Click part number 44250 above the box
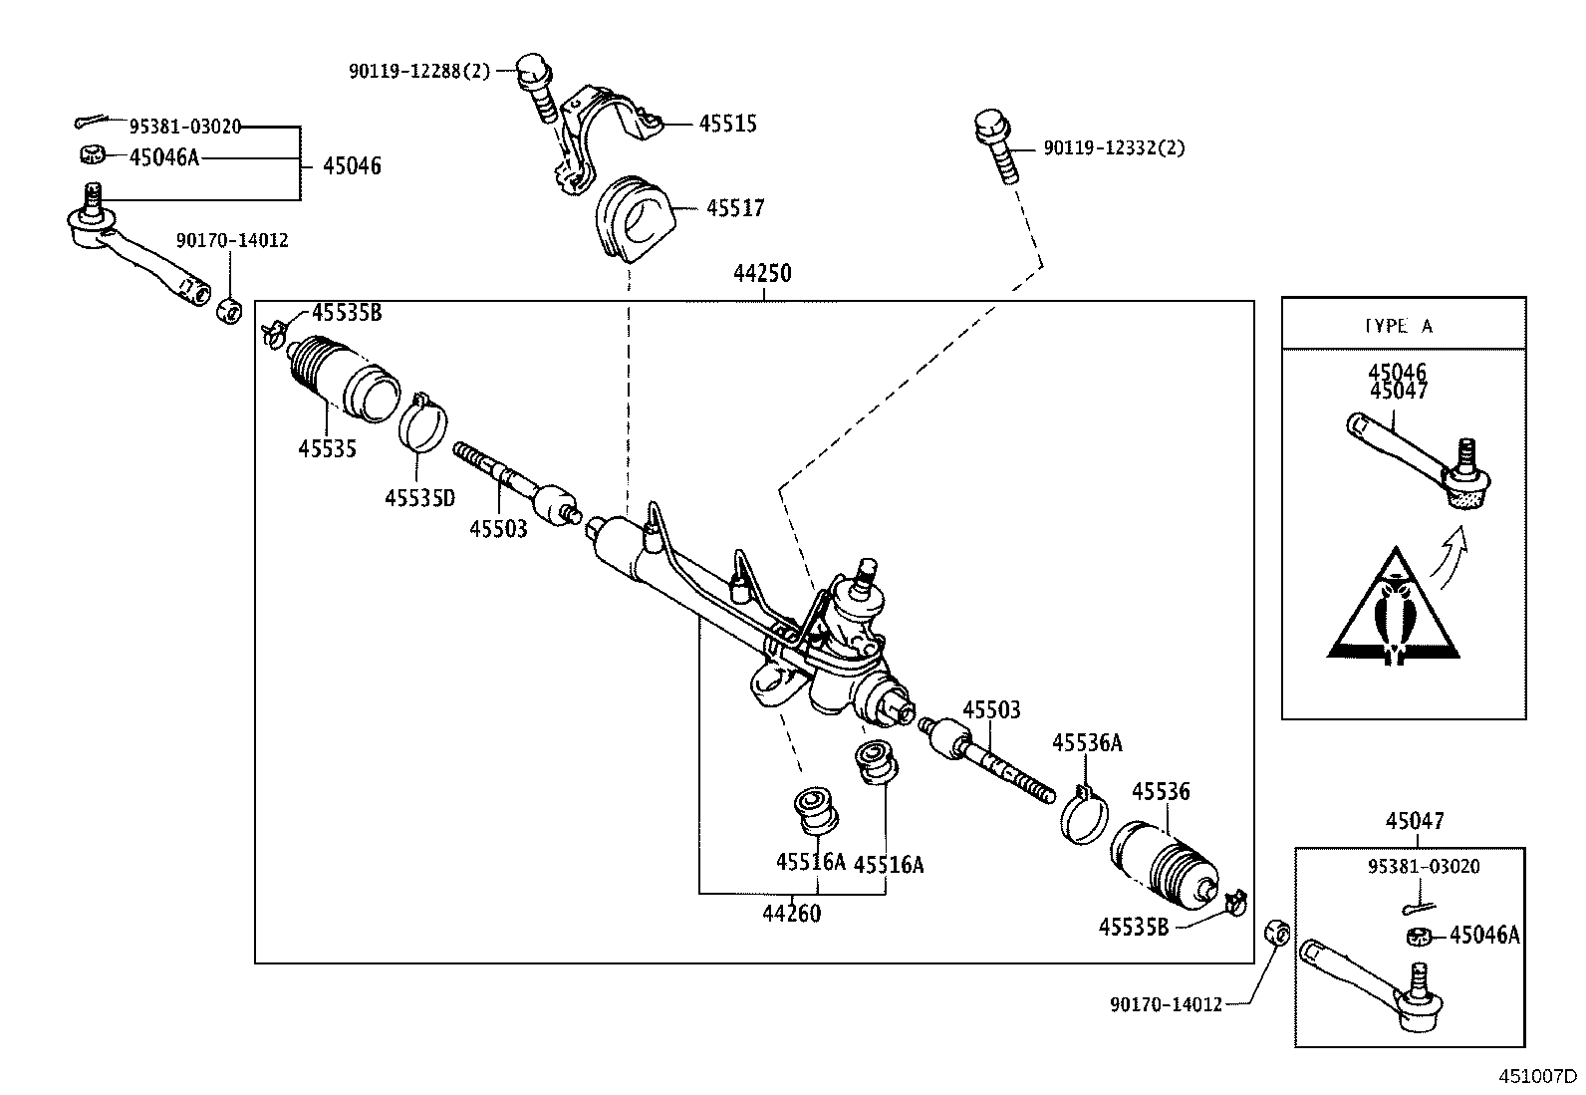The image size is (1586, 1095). click(x=762, y=273)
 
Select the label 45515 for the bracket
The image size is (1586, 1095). click(x=727, y=124)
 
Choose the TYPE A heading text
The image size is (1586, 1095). click(x=1399, y=326)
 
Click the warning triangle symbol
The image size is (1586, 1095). click(x=1394, y=609)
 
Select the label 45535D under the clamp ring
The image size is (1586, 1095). click(x=419, y=496)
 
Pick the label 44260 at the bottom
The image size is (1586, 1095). click(x=792, y=913)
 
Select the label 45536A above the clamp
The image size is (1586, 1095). click(x=1087, y=742)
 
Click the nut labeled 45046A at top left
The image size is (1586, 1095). click(x=93, y=155)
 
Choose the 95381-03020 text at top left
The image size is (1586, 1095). click(x=185, y=126)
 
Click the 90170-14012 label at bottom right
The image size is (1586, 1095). click(x=1166, y=1004)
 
